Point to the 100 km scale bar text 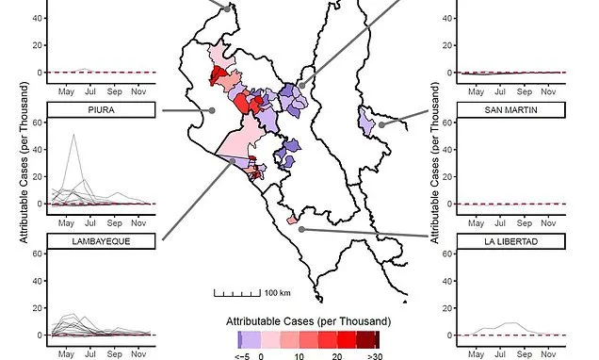click(x=277, y=292)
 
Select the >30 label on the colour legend click(x=375, y=357)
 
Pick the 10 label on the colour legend click(x=299, y=357)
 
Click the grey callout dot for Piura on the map click(x=213, y=110)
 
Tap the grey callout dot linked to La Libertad click(x=300, y=228)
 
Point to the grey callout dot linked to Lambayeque click(x=234, y=161)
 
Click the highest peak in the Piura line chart click(x=73, y=135)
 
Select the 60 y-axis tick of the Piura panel click(x=36, y=123)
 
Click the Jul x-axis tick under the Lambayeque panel click(x=89, y=353)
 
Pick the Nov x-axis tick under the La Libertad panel click(x=549, y=353)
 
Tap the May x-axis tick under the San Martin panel click(x=477, y=222)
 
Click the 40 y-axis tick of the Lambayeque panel click(x=36, y=281)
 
